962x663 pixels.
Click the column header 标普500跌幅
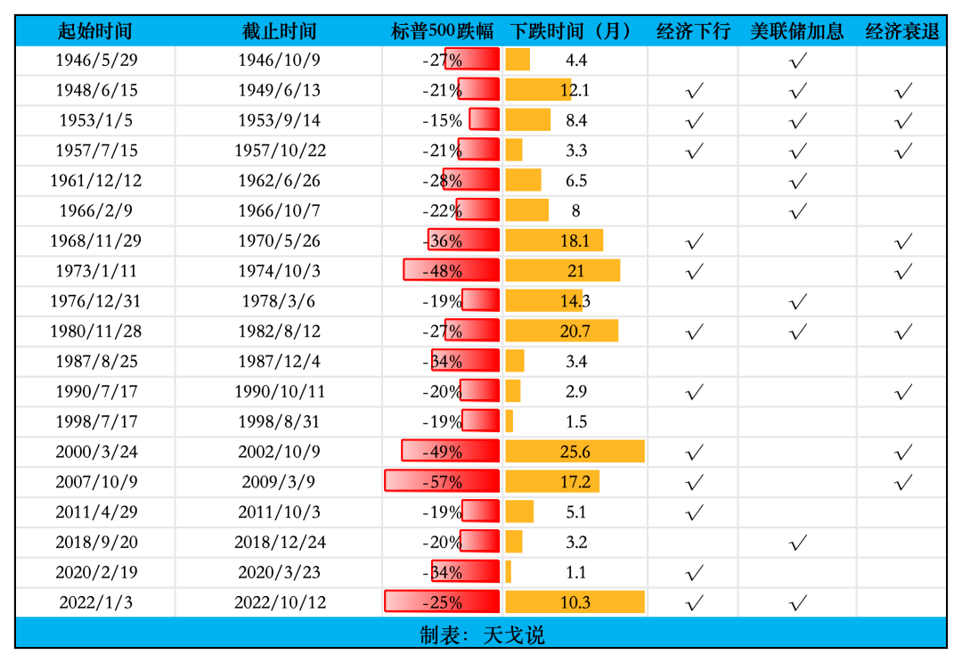tap(442, 31)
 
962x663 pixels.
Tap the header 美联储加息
tap(796, 31)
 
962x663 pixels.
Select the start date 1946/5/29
tap(96, 61)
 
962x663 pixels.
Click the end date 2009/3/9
tap(279, 482)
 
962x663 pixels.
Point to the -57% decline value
tap(443, 482)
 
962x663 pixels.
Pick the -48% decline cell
tap(443, 271)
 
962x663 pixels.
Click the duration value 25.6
tap(575, 452)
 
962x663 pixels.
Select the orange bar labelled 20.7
tap(561, 331)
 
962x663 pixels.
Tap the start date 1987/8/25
tap(96, 362)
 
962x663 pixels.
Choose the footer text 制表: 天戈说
tap(481, 635)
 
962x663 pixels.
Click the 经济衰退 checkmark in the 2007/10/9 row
tap(903, 482)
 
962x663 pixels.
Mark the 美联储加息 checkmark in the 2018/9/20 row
tap(798, 542)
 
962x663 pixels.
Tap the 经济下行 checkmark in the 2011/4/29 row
tap(695, 512)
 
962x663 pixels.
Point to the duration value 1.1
tap(575, 572)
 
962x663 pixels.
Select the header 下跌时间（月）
tap(575, 31)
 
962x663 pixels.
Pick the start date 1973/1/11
tap(96, 271)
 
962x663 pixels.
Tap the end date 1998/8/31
tap(279, 422)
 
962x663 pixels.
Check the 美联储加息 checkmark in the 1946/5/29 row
tap(798, 61)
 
